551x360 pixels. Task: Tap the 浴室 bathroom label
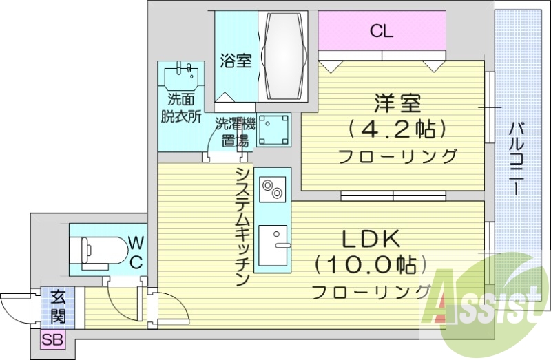(x=236, y=61)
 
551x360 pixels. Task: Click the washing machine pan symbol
(x=273, y=129)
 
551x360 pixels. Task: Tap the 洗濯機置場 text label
(x=235, y=133)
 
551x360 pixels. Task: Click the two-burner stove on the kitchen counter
(x=272, y=188)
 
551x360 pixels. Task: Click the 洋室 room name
(x=397, y=105)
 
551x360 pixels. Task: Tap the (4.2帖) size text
(x=397, y=129)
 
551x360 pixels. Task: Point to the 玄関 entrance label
(x=57, y=308)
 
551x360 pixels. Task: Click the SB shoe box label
(x=50, y=339)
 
